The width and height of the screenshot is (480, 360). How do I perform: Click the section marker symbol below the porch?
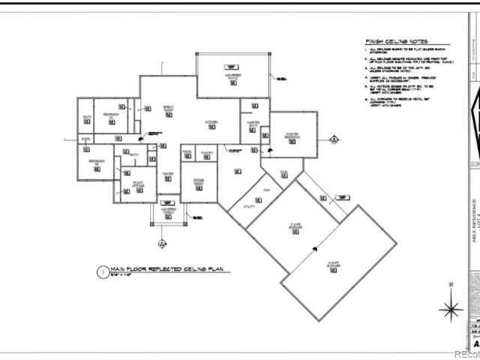(x=160, y=243)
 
